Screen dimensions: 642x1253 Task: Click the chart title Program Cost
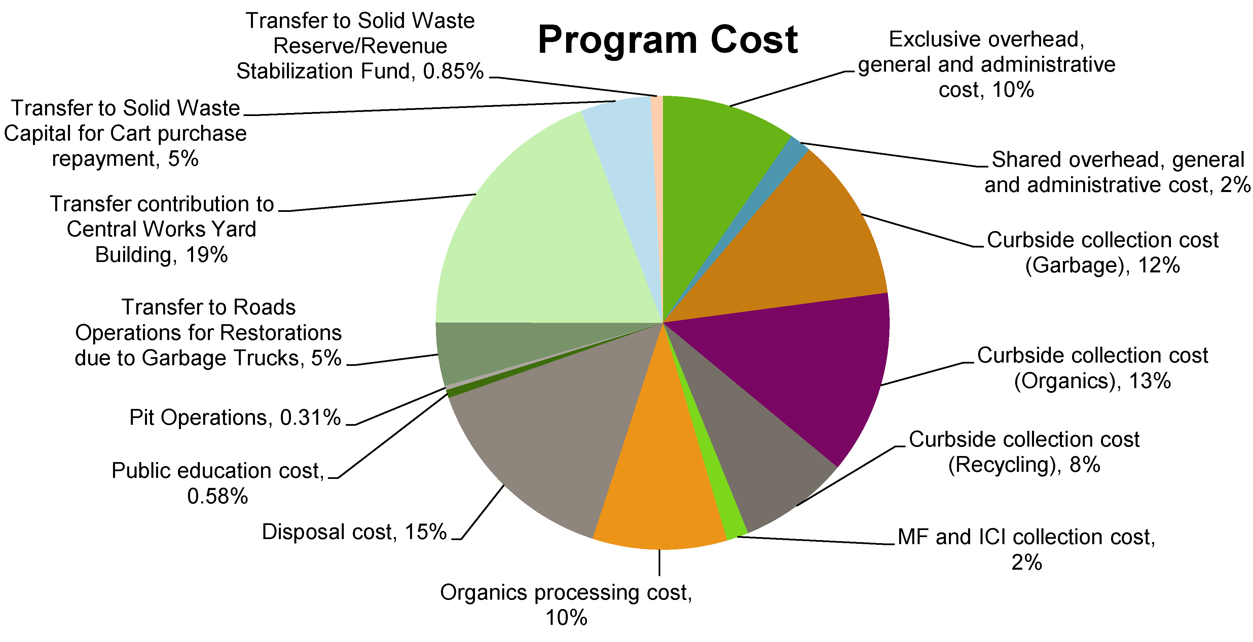[x=667, y=40]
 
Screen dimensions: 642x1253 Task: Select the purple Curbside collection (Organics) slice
[x=798, y=370]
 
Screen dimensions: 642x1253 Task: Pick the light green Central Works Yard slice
[x=550, y=233]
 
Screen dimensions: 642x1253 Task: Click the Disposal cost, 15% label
[x=354, y=532]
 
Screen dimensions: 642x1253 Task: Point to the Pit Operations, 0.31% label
[x=235, y=417]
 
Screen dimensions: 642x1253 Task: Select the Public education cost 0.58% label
[x=218, y=483]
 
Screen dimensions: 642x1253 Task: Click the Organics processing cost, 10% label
[x=566, y=605]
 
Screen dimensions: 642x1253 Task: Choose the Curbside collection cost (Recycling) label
[x=1024, y=452]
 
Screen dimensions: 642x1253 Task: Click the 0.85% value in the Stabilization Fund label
[x=453, y=71]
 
